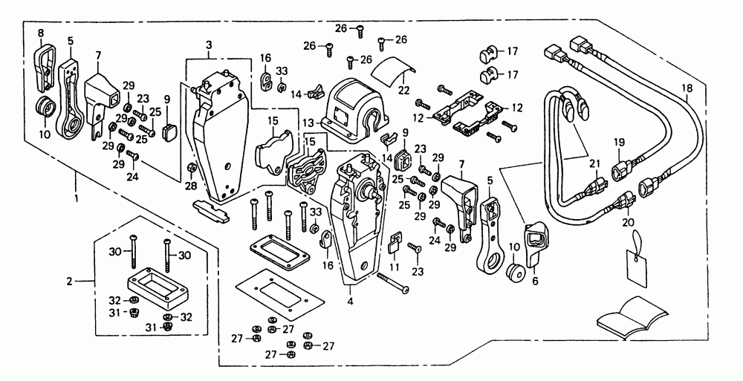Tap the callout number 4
click(x=350, y=302)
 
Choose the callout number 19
click(x=619, y=142)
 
